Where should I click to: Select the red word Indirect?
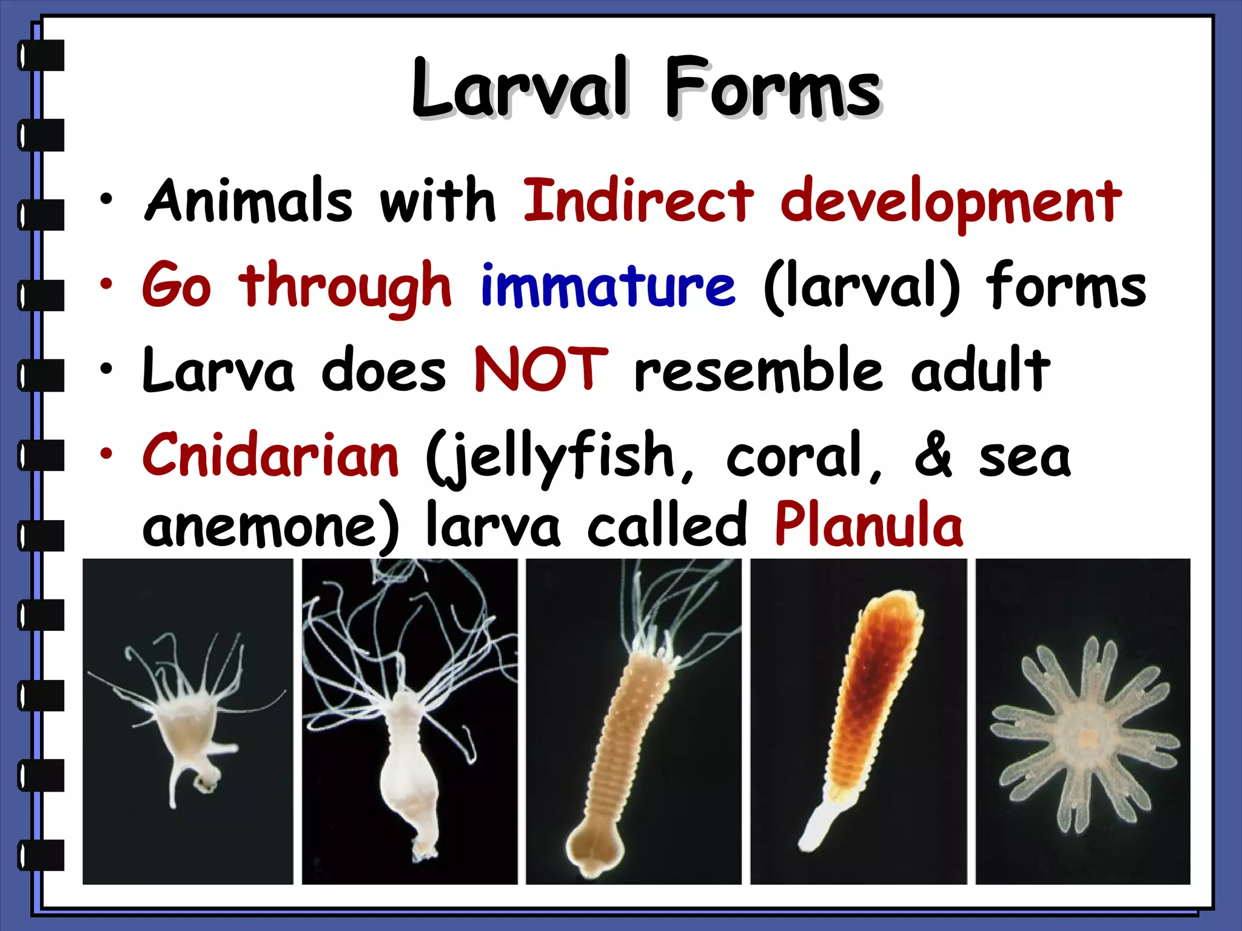(638, 201)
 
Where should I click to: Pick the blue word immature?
(608, 285)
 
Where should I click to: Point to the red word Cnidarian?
(270, 455)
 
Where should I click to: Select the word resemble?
(758, 370)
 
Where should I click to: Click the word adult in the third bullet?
(980, 370)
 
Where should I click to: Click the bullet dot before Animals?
(107, 200)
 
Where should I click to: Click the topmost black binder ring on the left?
(41, 55)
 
